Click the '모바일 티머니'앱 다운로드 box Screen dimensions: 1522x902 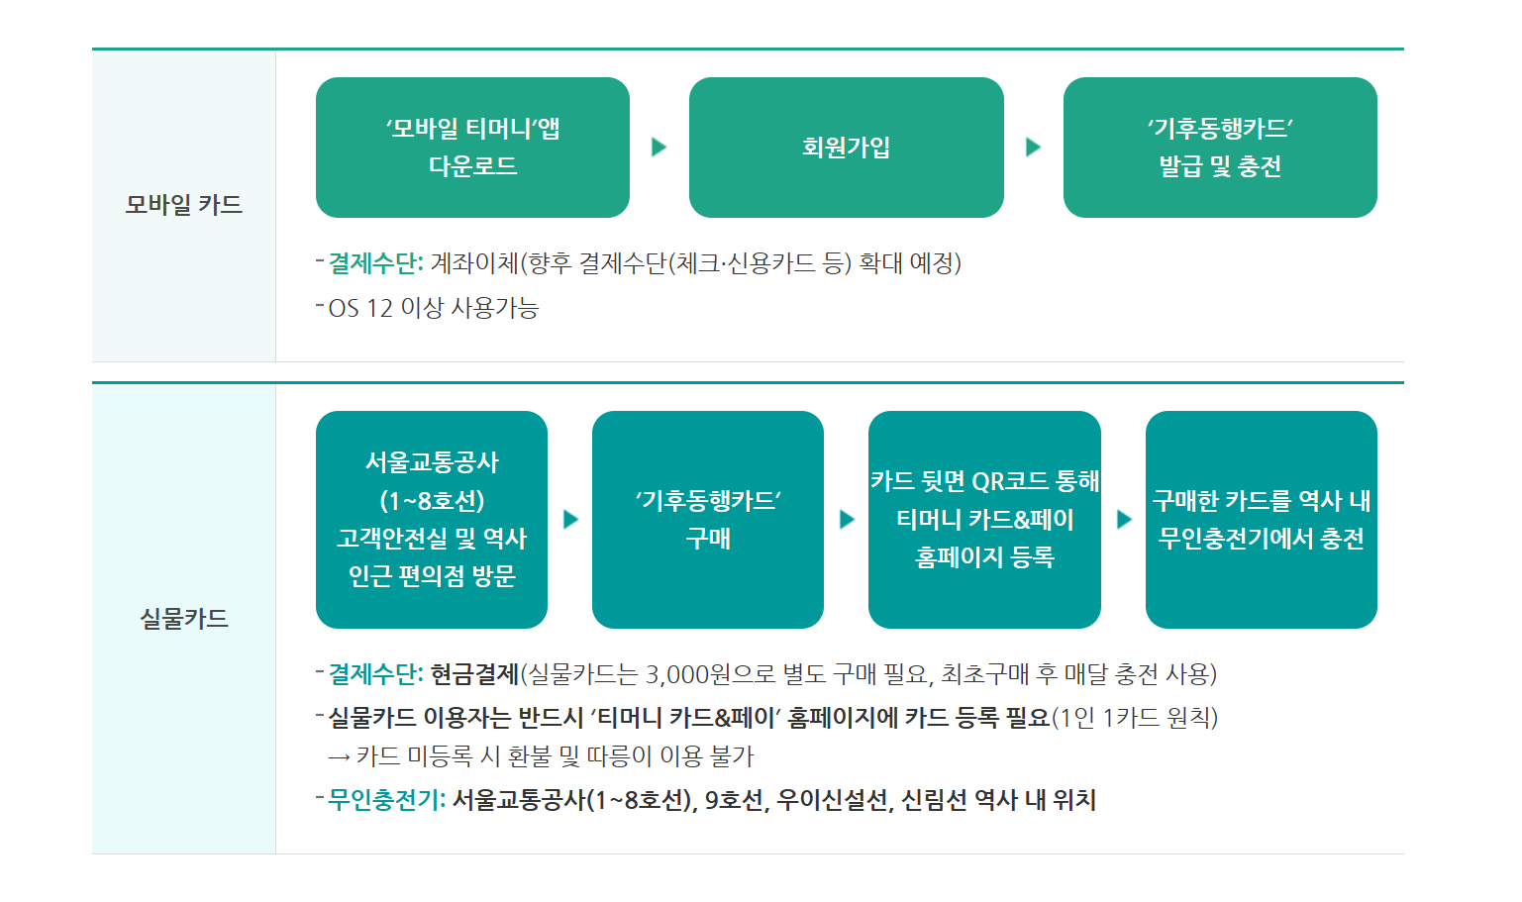[472, 148]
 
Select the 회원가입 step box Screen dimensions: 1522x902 [846, 148]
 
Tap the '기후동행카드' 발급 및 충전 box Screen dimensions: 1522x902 [1220, 148]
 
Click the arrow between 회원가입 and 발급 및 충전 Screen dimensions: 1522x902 [1033, 147]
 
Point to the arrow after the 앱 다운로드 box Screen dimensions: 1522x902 [660, 147]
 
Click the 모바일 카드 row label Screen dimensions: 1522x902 [183, 204]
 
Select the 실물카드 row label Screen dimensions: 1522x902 [183, 619]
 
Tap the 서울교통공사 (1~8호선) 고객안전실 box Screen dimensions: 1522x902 [432, 520]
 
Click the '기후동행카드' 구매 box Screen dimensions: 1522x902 [707, 520]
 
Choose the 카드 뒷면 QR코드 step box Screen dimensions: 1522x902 [984, 520]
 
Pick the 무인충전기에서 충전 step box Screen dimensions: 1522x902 [1262, 520]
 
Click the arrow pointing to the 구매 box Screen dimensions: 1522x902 [570, 520]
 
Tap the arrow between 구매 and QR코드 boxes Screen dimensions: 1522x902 [847, 520]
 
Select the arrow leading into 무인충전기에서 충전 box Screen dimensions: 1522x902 [1125, 520]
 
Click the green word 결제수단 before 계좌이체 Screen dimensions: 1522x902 [372, 262]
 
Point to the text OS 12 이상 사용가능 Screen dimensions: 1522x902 [434, 308]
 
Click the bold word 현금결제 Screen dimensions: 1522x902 [475, 674]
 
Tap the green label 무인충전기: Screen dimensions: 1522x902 [386, 800]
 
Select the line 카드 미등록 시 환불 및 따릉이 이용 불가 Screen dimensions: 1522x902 [541, 756]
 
